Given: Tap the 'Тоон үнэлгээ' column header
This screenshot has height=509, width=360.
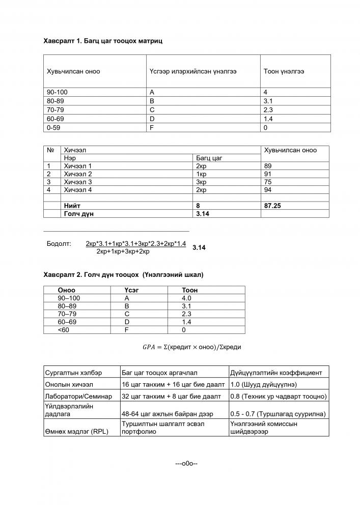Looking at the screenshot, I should pos(284,71).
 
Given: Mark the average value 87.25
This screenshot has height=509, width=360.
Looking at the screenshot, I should pos(273,206).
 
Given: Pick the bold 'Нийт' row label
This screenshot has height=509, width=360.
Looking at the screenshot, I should pos(72,206).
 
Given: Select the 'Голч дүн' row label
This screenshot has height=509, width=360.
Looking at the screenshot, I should pos(78,214).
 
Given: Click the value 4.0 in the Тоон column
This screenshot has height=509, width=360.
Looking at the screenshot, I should pos(186,298).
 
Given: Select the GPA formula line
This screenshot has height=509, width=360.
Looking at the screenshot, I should pos(191,347).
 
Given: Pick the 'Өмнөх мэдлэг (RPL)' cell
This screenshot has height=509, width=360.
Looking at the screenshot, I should pos(76,432).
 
